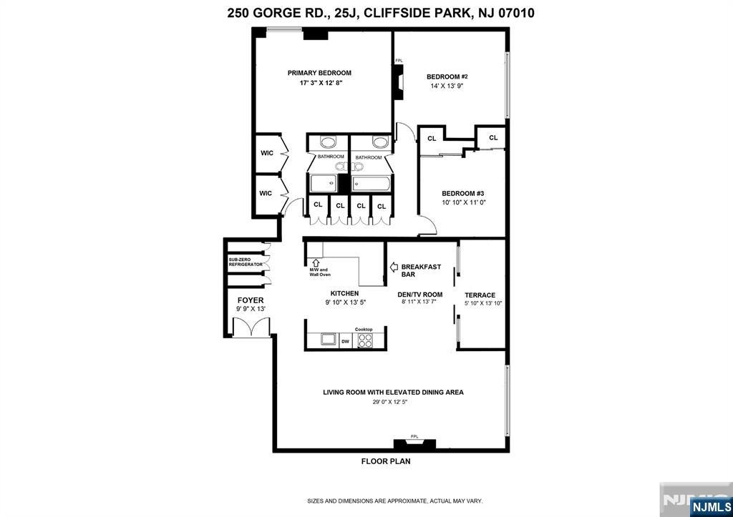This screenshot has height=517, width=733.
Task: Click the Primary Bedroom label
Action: point(319,73)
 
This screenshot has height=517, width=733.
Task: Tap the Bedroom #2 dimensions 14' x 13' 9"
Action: point(447,86)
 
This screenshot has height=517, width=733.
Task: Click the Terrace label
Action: point(480,295)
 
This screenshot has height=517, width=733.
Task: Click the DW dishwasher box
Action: point(346,341)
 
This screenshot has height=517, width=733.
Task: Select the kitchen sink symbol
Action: point(329,339)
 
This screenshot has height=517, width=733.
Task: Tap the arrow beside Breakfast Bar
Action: point(394,267)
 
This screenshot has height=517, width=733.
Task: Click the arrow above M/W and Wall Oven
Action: point(315,263)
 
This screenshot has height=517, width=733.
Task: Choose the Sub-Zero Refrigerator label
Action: point(246,262)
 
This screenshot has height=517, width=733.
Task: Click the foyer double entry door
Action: point(251,327)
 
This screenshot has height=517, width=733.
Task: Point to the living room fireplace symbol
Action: point(414,443)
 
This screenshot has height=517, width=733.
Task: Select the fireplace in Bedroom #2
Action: point(398,82)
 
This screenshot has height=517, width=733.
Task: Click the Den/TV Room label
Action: point(419,294)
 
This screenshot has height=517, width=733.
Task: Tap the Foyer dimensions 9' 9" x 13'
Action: point(251,309)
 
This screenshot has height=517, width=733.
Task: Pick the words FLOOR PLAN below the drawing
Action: point(386,461)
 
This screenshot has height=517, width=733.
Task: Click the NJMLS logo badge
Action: point(711,507)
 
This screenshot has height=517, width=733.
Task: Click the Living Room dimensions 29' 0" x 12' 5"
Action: point(387,402)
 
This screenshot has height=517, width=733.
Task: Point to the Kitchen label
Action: point(344,293)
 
